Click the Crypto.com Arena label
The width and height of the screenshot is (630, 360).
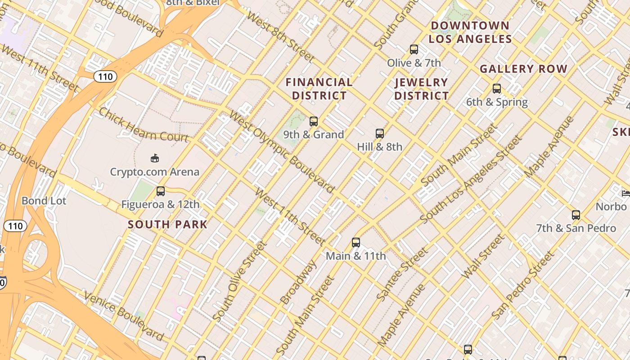tap(154, 172)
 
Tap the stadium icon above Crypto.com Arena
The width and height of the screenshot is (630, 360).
tap(154, 158)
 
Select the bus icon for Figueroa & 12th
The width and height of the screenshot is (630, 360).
tap(161, 191)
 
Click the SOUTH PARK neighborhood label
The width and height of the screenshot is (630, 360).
tap(167, 224)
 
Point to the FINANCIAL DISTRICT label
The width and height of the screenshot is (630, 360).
tap(319, 89)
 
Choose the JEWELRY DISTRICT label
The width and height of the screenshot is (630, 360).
tap(422, 89)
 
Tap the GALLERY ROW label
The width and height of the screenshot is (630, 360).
tap(523, 69)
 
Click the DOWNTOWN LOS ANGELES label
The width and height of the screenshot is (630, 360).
tap(470, 32)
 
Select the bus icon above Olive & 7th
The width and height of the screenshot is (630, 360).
tap(414, 49)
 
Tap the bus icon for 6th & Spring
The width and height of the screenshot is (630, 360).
tap(497, 89)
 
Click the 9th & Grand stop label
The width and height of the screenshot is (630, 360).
tap(314, 135)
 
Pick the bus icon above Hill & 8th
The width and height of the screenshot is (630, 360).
tap(380, 134)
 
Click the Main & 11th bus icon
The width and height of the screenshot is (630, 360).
tap(356, 243)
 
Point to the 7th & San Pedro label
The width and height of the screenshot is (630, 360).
tap(576, 228)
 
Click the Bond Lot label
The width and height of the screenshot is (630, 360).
tap(44, 201)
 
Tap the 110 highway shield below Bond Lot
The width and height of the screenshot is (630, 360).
tap(15, 226)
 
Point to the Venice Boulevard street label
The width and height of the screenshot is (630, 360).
tap(124, 315)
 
